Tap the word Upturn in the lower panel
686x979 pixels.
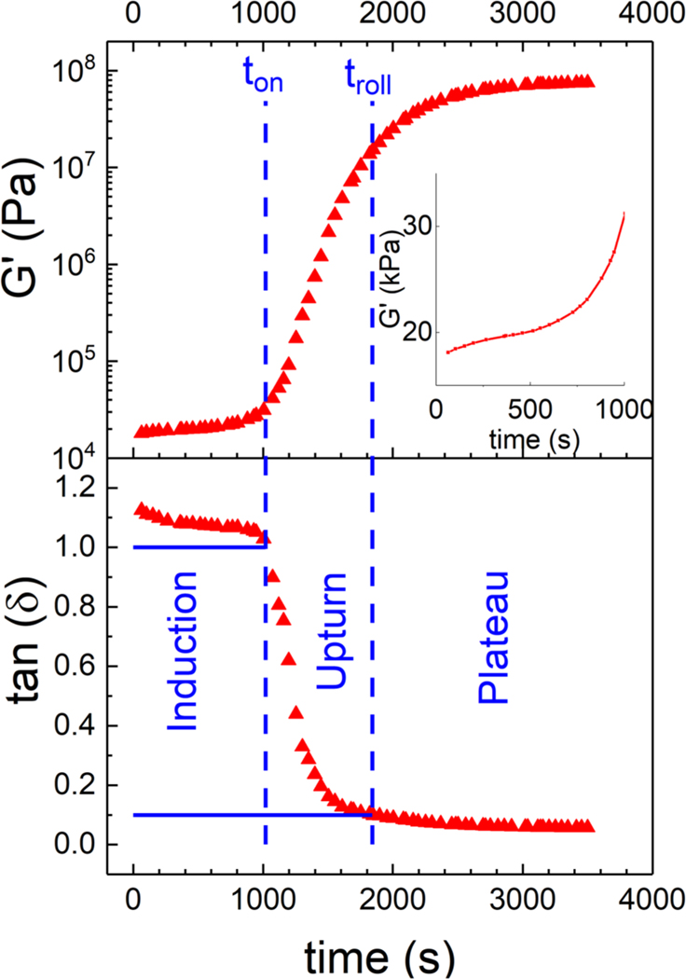pyautogui.click(x=329, y=630)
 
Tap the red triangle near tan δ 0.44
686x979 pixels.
pyautogui.click(x=297, y=713)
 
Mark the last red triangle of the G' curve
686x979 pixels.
pyautogui.click(x=587, y=81)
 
